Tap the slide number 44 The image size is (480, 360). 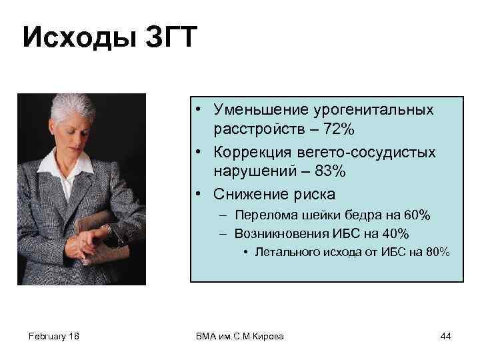tap(445, 336)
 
